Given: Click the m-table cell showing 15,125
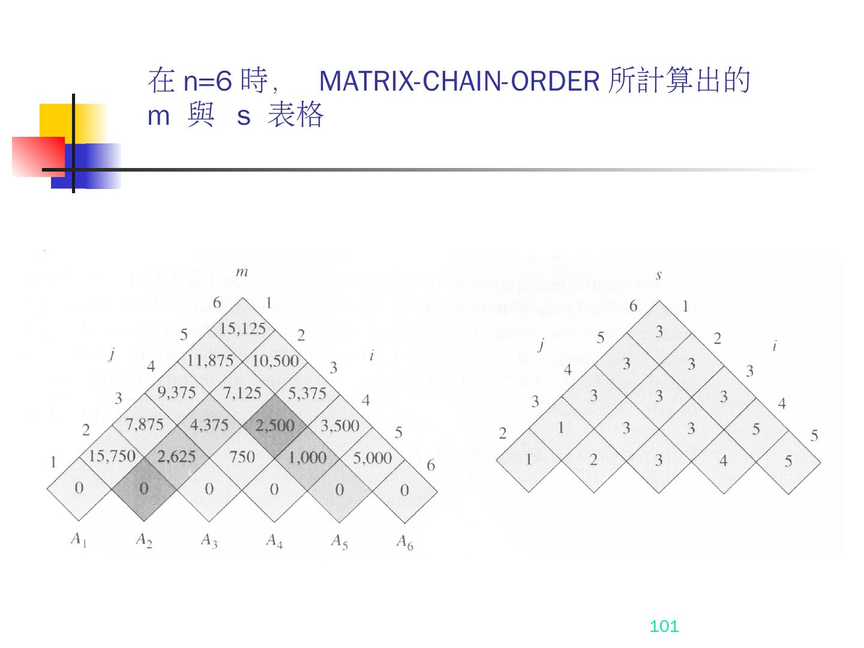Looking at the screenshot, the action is (x=242, y=329).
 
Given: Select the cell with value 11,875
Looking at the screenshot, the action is (x=209, y=361).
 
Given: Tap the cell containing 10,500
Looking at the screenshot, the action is (x=275, y=361).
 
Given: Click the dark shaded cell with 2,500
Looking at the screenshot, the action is (x=275, y=425).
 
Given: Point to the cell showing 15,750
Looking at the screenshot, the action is (x=112, y=457).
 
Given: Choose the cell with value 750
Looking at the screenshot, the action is (x=242, y=457).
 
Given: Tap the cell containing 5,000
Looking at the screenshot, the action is (x=372, y=458).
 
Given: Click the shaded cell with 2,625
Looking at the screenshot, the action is (x=176, y=457).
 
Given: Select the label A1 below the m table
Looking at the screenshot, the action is (x=79, y=539).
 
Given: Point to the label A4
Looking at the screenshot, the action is (x=274, y=542).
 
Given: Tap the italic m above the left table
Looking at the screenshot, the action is (x=242, y=272).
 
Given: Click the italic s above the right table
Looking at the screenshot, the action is (x=659, y=275).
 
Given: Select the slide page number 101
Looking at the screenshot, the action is (x=664, y=627).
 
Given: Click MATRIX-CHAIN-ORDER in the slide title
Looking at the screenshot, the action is (x=459, y=82).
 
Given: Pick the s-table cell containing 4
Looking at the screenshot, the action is (x=723, y=460).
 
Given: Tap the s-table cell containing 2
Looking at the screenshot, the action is (x=593, y=460).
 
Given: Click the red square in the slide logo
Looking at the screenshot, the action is (x=37, y=156).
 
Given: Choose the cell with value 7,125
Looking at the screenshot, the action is (x=242, y=393).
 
